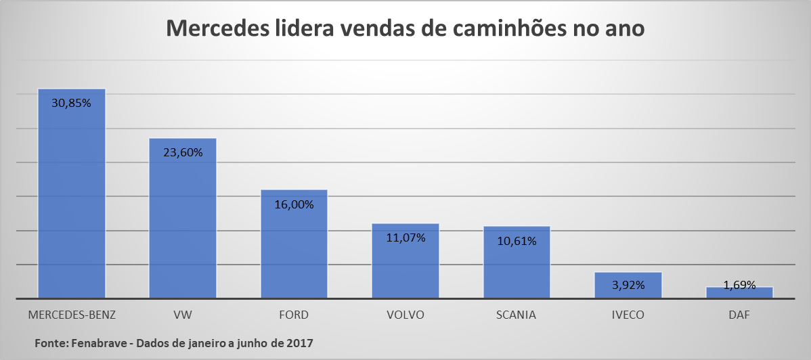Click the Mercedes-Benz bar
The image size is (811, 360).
71,203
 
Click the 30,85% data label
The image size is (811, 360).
71,104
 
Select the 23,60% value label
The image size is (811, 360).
183,152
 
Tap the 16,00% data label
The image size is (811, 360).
294,204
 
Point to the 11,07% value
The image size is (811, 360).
405,238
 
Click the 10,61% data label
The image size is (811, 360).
517,241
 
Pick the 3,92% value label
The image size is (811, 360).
628,285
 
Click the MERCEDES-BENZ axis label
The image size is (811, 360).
72,315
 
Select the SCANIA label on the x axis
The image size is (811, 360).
516,315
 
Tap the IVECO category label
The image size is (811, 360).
628,315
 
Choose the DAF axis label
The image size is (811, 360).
739,315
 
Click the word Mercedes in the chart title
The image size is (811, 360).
216,29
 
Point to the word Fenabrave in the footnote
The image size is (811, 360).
100,343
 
